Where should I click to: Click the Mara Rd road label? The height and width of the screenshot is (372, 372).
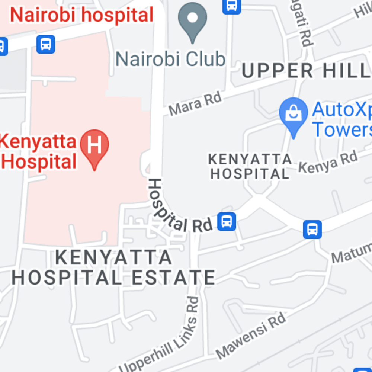(x=195, y=103)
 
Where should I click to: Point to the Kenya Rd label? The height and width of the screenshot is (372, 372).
(x=328, y=162)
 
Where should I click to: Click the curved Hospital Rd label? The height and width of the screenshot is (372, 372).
(x=175, y=208)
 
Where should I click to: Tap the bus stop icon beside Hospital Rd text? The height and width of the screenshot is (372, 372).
(x=227, y=221)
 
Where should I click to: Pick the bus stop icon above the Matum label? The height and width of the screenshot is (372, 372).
(x=312, y=229)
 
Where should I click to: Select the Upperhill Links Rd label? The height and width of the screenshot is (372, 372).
(x=164, y=335)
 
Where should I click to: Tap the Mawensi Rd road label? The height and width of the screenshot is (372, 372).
(x=251, y=335)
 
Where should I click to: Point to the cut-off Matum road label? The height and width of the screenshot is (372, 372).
(x=352, y=253)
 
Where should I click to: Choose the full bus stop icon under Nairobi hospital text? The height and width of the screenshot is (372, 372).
(x=46, y=44)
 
